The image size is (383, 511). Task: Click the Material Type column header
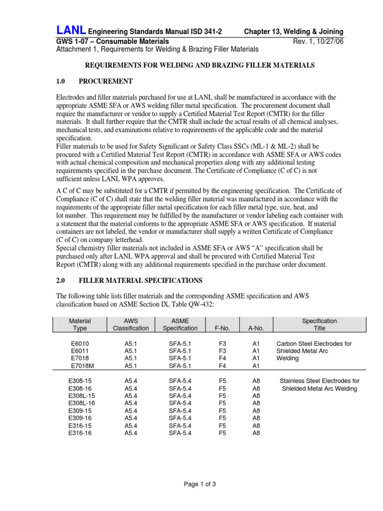pyautogui.click(x=80, y=324)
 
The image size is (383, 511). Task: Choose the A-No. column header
pyautogui.click(x=256, y=328)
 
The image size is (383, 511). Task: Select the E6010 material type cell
pyautogui.click(x=80, y=343)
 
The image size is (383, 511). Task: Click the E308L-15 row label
pyautogui.click(x=81, y=396)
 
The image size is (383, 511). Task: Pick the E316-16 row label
pyautogui.click(x=80, y=433)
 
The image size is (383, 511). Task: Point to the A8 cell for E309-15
pyautogui.click(x=256, y=411)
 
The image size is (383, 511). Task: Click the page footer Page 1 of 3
pyautogui.click(x=191, y=484)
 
